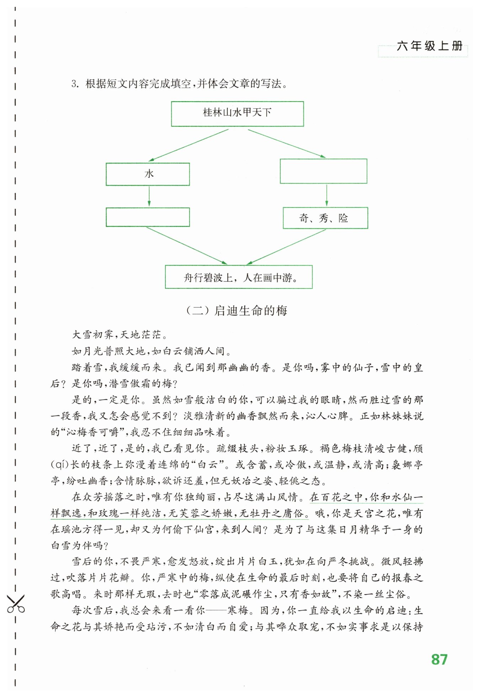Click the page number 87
[439, 659]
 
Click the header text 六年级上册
[430, 46]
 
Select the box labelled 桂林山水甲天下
[237, 114]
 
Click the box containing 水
[148, 174]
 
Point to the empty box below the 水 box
[148, 217]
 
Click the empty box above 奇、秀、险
[323, 171]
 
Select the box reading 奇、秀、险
[325, 218]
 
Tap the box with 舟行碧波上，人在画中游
[239, 277]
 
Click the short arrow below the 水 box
[149, 196]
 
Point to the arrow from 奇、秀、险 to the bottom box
[286, 247]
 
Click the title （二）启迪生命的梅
[237, 311]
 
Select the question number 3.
[75, 84]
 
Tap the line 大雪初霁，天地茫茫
[119, 335]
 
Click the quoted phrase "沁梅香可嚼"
[93, 432]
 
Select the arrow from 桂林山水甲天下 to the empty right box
[287, 143]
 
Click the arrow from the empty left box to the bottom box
[187, 245]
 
